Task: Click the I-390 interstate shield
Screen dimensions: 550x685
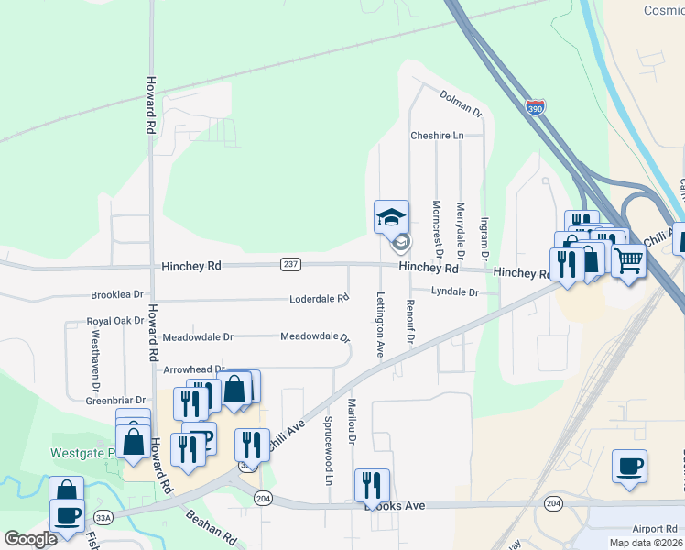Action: (535, 107)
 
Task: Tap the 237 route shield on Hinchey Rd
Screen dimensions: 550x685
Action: (290, 264)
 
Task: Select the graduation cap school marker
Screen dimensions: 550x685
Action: (391, 217)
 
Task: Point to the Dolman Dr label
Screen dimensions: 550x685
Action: (461, 103)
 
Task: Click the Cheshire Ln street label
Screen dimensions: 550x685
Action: (437, 136)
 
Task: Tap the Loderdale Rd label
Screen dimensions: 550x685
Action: (320, 299)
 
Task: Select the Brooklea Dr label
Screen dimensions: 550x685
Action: (117, 295)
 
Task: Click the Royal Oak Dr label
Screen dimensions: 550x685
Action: (115, 321)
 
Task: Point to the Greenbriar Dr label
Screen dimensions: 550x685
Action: (115, 401)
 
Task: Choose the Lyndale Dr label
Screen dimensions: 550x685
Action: (455, 291)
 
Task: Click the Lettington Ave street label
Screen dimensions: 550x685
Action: (379, 324)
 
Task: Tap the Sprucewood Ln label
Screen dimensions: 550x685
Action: (328, 450)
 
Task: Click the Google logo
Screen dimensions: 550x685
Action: (30, 539)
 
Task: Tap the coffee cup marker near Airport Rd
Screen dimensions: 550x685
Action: (630, 466)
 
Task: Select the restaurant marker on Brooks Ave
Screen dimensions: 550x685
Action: (372, 485)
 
